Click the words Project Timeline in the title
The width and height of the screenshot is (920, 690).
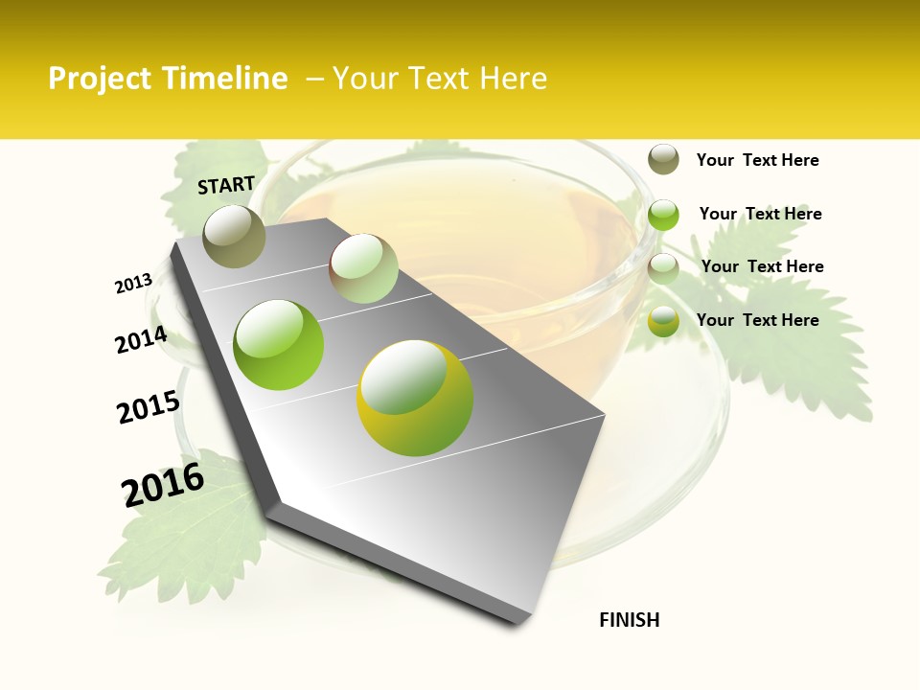click(168, 79)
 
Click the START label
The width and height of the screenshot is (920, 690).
click(226, 185)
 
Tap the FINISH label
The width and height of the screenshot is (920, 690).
click(630, 620)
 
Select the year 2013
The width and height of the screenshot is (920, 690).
click(133, 284)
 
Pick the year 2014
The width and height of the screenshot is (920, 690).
click(141, 340)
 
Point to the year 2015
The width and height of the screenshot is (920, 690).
click(149, 407)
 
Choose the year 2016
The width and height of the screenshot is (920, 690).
click(163, 485)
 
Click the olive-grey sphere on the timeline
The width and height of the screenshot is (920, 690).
click(235, 236)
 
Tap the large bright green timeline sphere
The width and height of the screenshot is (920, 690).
click(279, 345)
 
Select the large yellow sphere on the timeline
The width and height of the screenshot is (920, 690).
click(415, 398)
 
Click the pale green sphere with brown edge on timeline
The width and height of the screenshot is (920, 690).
click(363, 268)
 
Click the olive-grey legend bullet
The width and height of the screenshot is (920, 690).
click(663, 159)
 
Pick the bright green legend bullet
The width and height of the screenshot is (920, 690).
click(663, 215)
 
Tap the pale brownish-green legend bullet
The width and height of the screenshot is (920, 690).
click(663, 268)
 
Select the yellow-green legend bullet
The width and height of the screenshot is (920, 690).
click(663, 322)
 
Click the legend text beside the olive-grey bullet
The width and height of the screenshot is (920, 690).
click(757, 160)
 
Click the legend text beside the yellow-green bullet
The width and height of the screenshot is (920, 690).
click(757, 320)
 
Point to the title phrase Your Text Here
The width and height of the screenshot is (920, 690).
click(440, 79)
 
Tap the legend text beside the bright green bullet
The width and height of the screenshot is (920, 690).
click(760, 214)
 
